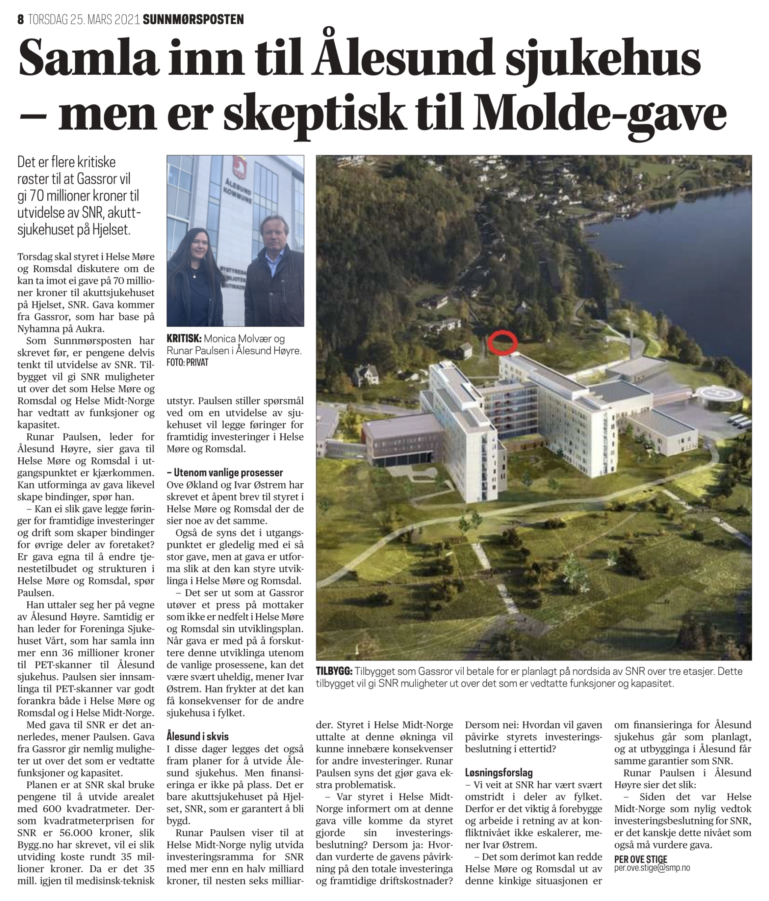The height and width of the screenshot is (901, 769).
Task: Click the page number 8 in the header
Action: (20, 20)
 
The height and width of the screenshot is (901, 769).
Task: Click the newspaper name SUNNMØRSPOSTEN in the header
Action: (193, 20)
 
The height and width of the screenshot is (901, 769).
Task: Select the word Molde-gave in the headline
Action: (601, 113)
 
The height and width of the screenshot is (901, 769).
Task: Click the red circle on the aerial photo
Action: (502, 342)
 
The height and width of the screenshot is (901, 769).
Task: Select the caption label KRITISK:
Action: (184, 339)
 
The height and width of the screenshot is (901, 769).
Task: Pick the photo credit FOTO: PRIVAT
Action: (187, 363)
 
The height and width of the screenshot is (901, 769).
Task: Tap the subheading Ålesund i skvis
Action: (198, 737)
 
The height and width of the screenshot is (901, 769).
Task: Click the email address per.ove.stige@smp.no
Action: (651, 868)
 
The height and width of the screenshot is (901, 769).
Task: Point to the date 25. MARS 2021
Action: (104, 20)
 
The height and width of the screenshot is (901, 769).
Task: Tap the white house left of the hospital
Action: (368, 375)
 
